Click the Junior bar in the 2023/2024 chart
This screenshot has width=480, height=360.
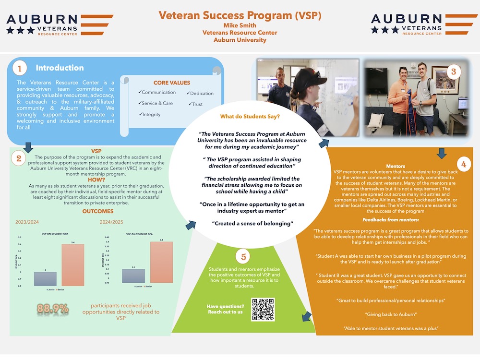[x=45, y=279]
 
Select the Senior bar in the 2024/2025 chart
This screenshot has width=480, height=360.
[x=162, y=262]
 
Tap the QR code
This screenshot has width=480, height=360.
[x=263, y=310]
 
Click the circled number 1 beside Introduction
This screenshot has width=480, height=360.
[x=20, y=69]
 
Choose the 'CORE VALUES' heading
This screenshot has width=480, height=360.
[x=172, y=83]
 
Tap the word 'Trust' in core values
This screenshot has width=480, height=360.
[x=196, y=104]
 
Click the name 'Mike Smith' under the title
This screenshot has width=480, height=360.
[x=240, y=25]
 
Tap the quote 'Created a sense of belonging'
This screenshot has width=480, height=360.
[x=252, y=224]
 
